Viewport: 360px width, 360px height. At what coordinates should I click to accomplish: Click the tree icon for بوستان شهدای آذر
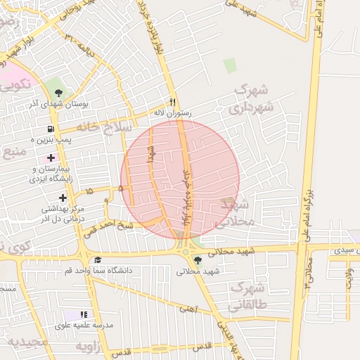click(x=58, y=92)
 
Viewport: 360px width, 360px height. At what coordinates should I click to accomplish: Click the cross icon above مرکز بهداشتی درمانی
click(x=63, y=198)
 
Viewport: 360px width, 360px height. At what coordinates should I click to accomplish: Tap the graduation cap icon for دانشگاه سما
click(x=97, y=260)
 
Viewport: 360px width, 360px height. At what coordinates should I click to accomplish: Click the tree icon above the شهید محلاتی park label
click(x=198, y=260)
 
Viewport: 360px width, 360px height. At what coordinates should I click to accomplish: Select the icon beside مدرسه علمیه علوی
click(x=84, y=314)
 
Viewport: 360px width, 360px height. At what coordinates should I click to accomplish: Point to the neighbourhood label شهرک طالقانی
click(x=245, y=297)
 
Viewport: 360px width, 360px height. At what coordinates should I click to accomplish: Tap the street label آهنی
click(x=187, y=308)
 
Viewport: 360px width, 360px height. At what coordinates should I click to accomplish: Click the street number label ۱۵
click(x=89, y=191)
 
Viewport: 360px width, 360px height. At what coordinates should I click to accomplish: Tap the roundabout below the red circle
click(x=185, y=252)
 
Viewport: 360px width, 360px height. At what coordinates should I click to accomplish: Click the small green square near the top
click(x=230, y=66)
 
